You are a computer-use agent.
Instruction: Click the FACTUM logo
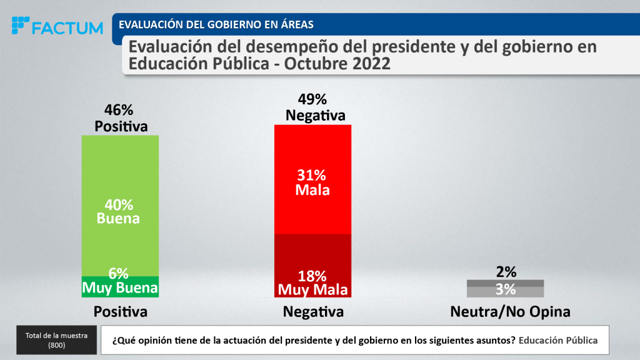point(57,27)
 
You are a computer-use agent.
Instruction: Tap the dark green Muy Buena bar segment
point(120,287)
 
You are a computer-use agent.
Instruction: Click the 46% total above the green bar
point(119,110)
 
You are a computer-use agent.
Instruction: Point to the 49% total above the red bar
point(312,99)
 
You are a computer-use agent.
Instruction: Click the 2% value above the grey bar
point(506,271)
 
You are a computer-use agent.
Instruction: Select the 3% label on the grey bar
point(506,289)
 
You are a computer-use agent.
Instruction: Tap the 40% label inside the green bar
point(119,204)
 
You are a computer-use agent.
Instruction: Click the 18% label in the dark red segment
point(312,276)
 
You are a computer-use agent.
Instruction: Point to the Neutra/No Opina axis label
point(510,311)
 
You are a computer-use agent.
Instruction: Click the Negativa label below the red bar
point(313,311)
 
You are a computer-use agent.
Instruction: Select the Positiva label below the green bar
point(120,311)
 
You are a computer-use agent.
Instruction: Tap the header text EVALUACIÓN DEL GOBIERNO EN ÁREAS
point(216,24)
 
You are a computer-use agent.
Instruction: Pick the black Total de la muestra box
point(56,340)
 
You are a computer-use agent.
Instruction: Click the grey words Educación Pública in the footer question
point(558,341)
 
